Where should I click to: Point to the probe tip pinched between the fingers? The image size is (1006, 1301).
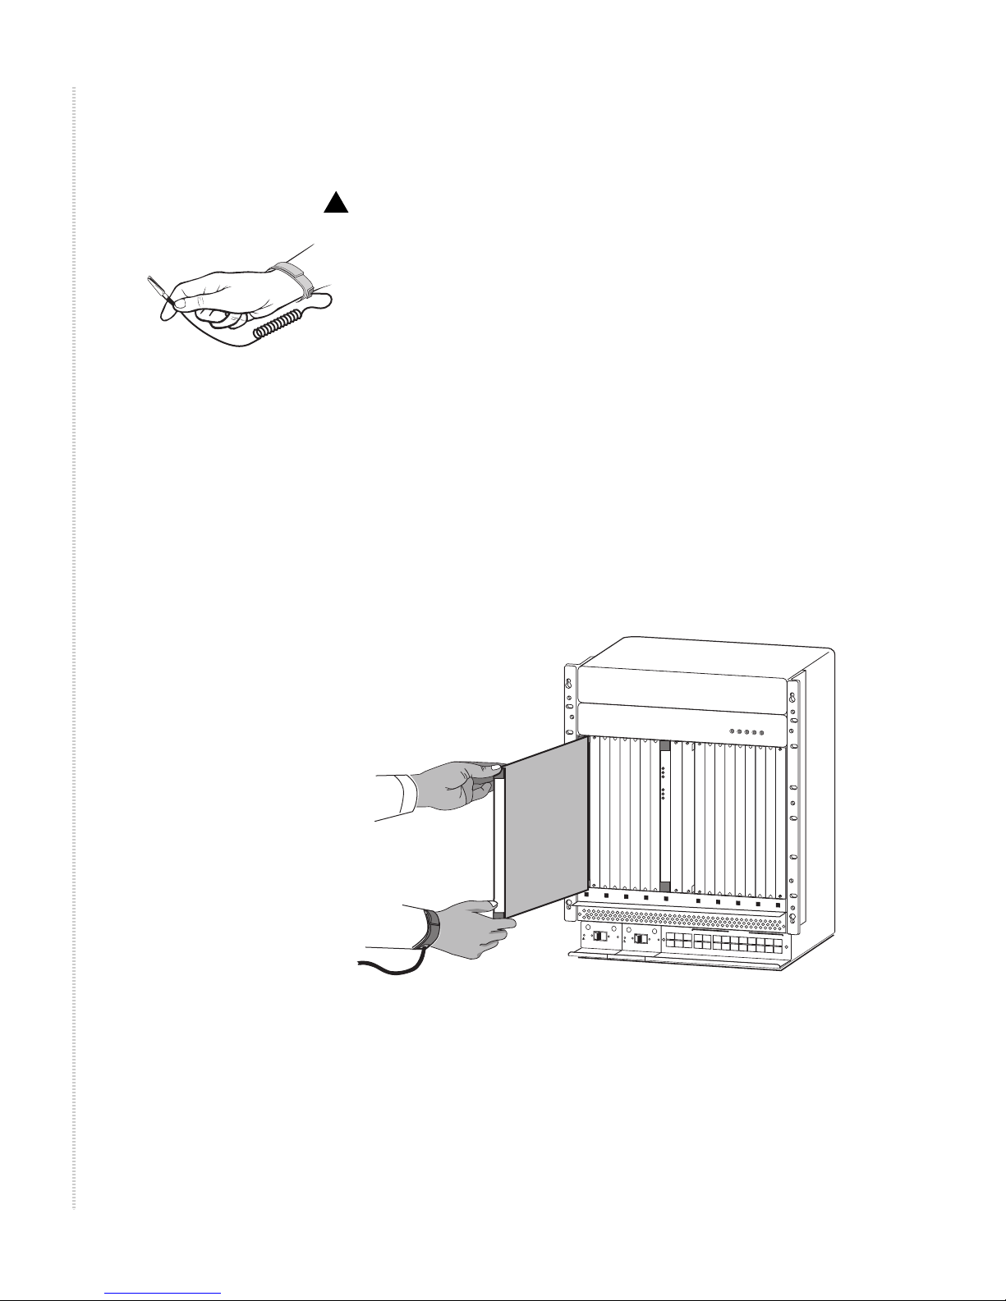156,289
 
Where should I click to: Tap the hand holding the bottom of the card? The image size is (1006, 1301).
469,927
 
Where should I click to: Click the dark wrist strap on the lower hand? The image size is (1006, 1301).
432,928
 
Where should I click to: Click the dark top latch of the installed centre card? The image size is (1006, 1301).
665,746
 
